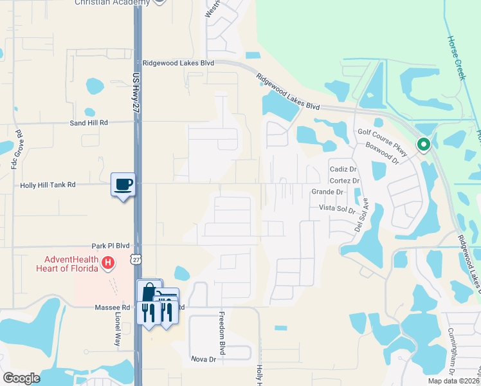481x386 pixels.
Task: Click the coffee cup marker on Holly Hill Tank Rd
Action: tap(123, 185)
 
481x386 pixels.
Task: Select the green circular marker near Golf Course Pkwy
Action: tap(424, 145)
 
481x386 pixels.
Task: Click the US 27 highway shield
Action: tap(134, 259)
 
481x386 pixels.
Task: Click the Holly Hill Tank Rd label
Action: tap(48, 185)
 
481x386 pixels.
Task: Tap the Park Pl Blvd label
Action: tap(111, 246)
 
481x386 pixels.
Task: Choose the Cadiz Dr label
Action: tap(343, 169)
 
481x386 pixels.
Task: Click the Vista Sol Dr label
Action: tap(338, 209)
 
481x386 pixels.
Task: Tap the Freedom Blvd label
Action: tap(222, 334)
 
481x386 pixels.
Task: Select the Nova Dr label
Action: tap(202, 358)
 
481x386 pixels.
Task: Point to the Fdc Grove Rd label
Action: tap(16, 151)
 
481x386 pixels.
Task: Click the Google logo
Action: tap(21, 378)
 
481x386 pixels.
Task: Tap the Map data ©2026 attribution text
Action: tap(451, 381)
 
